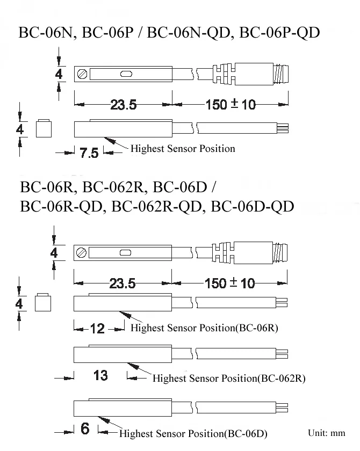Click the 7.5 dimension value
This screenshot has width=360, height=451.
coord(89,152)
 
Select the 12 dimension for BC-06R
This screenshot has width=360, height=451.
coord(97,329)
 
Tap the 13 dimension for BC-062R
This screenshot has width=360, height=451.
coord(100,375)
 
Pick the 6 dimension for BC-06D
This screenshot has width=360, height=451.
coord(85,428)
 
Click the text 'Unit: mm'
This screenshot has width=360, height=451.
coord(326,433)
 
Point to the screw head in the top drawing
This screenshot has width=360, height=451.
coord(82,74)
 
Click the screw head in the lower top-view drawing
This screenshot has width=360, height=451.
coord(82,253)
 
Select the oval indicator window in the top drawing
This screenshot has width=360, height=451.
coord(126,74)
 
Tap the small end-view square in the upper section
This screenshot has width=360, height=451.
coord(44,128)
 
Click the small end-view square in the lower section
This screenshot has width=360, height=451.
coord(43,303)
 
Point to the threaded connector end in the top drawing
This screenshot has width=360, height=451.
coord(281,74)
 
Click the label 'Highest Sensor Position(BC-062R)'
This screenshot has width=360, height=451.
coord(229,378)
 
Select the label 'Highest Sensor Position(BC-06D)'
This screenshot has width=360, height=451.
coord(193,433)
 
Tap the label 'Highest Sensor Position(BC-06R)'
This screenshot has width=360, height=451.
coord(204,328)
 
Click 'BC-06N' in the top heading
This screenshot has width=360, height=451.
coord(46,33)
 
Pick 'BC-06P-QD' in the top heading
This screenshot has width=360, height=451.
coord(279,33)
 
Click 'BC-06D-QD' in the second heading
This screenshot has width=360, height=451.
coord(253,207)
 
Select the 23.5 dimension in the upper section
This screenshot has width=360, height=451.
coord(124,105)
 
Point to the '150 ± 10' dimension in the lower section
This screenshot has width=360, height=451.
coord(229,283)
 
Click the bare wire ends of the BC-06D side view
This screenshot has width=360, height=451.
coord(282,408)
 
